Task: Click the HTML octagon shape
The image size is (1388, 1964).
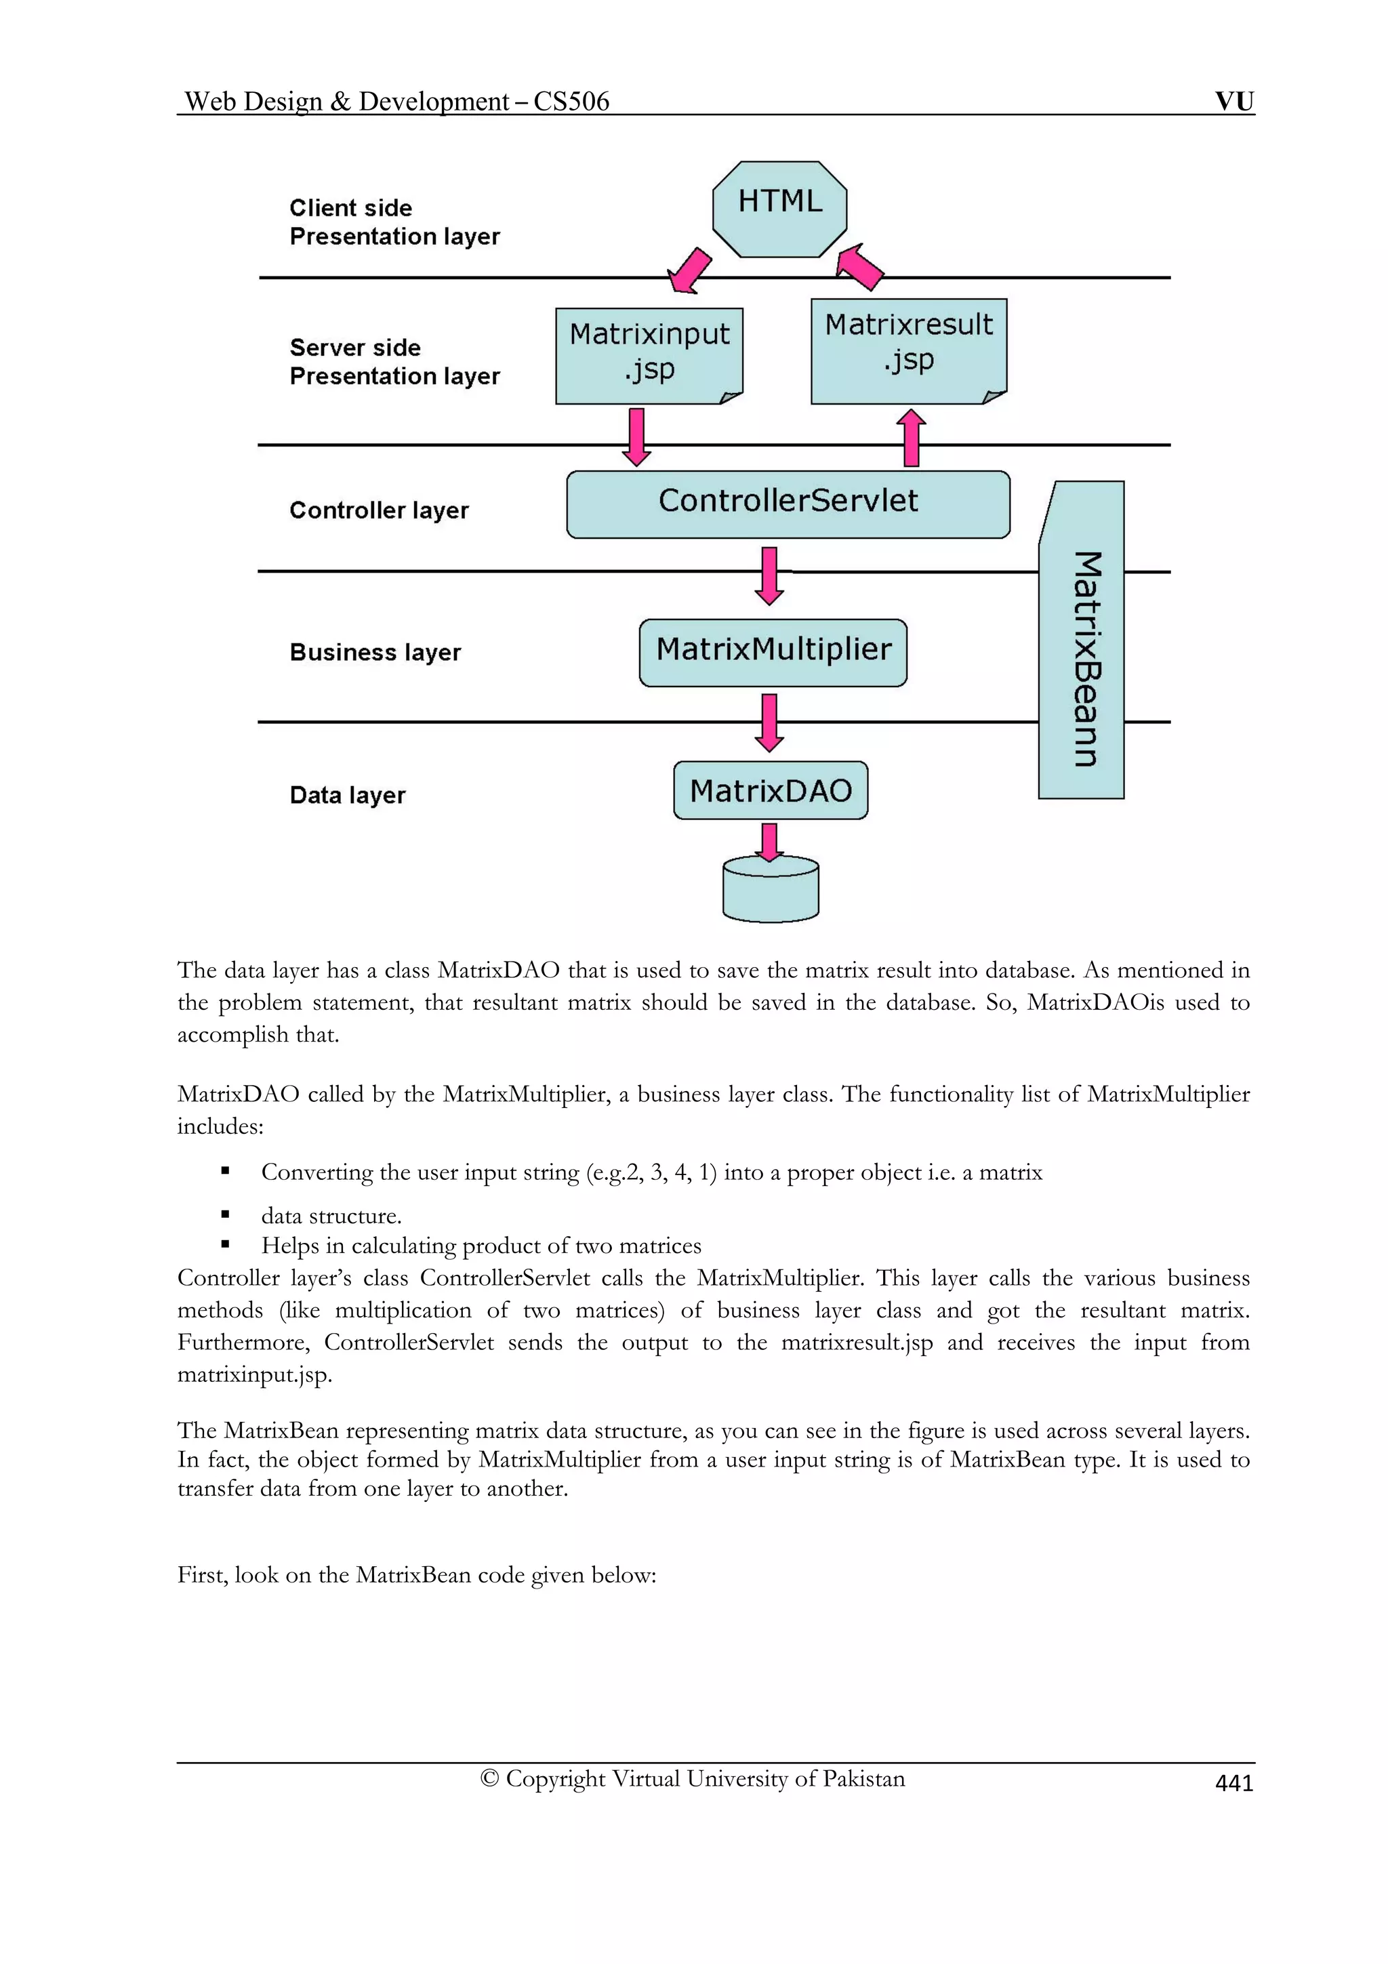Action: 779,208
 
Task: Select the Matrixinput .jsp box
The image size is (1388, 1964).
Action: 649,355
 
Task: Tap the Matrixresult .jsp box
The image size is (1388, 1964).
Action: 908,351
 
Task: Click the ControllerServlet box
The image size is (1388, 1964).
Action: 788,504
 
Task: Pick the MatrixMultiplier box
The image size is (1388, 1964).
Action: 772,652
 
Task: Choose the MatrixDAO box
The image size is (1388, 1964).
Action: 770,790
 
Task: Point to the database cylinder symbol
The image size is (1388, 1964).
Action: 770,891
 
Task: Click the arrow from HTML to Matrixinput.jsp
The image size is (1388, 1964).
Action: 689,271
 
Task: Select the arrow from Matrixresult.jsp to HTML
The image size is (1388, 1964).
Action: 859,266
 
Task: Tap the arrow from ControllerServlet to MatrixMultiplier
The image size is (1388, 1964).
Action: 769,575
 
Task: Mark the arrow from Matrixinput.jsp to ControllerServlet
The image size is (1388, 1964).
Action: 636,437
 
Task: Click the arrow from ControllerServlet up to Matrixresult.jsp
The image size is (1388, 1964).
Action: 912,437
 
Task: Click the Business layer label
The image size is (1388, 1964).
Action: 375,652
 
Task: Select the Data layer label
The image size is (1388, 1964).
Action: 347,795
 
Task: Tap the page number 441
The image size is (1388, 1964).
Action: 1233,1784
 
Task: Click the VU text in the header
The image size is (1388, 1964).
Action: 1234,101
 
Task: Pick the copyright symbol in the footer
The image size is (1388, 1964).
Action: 489,1778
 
